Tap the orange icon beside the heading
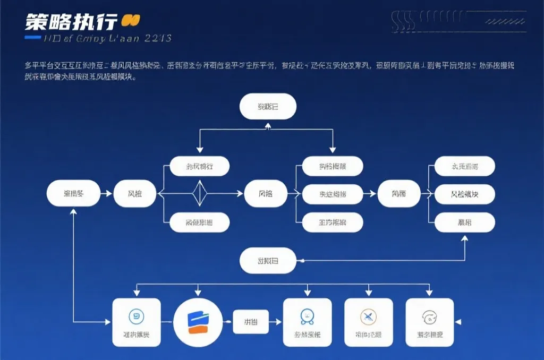[130, 21]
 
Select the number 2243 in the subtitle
[157, 38]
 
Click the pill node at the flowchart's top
[268, 107]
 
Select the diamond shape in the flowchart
[200, 193]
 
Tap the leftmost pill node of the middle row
[73, 194]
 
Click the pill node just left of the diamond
[135, 194]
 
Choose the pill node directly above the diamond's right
[200, 166]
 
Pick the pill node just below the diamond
[200, 222]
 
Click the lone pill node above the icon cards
[268, 261]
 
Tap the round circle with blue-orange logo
[198, 322]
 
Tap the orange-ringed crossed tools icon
[368, 318]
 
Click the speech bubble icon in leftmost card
[137, 317]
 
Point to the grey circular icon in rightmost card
[429, 318]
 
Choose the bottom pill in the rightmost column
[464, 222]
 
